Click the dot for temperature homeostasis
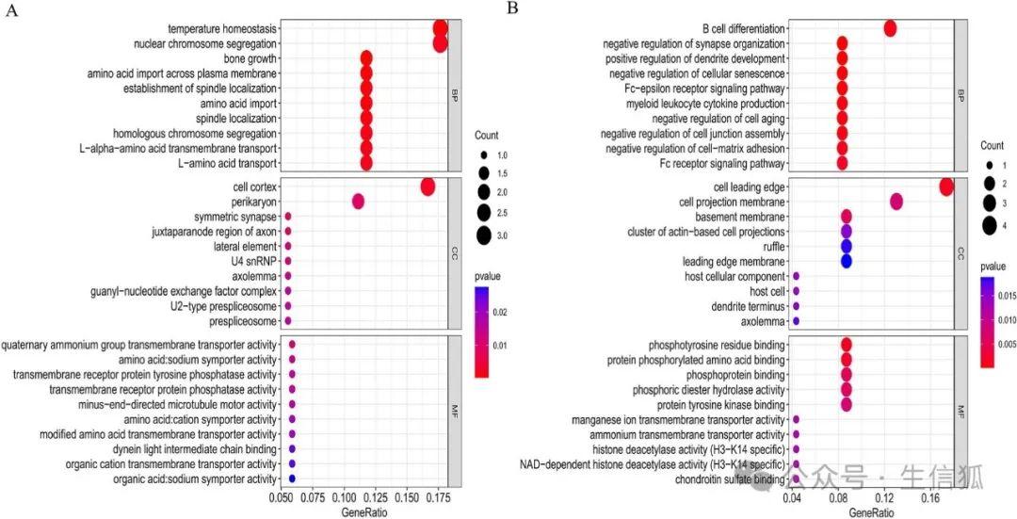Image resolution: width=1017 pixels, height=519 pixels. [440, 28]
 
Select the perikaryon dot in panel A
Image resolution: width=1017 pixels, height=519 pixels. [358, 202]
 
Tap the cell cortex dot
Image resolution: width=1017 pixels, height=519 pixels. [428, 187]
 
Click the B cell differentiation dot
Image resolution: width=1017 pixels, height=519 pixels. [890, 28]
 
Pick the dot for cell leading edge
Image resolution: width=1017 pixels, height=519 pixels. [946, 187]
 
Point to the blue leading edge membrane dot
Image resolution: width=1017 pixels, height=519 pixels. [846, 261]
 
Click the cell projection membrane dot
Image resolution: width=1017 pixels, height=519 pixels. [896, 201]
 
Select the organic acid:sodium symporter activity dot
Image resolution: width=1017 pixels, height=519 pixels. [292, 479]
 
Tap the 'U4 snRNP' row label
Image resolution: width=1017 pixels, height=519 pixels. [254, 261]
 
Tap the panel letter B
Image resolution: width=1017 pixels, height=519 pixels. [512, 8]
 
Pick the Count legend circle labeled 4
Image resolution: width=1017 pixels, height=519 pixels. [989, 225]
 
